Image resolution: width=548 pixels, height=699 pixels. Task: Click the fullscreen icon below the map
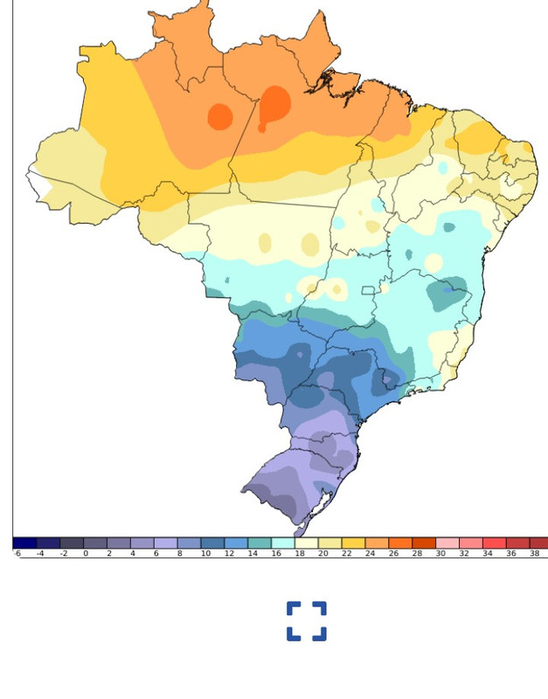point(306,621)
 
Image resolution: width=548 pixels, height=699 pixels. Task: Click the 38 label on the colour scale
point(534,553)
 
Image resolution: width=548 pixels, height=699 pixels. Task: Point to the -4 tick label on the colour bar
point(40,553)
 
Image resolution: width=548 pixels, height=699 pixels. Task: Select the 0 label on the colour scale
point(86,553)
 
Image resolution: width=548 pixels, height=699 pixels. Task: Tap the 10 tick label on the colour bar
point(205,553)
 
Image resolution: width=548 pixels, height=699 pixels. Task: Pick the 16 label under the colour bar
point(276,553)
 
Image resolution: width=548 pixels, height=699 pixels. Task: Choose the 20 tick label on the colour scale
point(323,553)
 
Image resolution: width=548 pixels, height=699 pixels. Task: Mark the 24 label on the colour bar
point(370,553)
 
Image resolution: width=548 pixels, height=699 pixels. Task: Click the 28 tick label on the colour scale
point(417,553)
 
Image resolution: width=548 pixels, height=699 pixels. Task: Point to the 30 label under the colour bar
point(440,553)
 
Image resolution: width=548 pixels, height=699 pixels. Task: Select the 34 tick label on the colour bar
point(488,553)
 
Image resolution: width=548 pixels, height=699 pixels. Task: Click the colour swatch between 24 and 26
point(377,543)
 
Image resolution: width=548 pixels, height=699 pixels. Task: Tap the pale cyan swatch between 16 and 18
point(282,543)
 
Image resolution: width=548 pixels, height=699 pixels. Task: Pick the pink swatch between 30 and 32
point(447,543)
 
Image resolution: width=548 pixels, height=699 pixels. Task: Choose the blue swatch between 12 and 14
point(236,543)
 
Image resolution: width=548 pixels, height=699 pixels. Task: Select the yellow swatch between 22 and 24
point(353,543)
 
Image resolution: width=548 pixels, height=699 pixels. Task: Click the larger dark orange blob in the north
point(274,106)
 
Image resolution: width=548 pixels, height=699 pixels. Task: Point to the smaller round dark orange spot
point(220,116)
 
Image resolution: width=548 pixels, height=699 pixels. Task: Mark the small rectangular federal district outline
point(368,291)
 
